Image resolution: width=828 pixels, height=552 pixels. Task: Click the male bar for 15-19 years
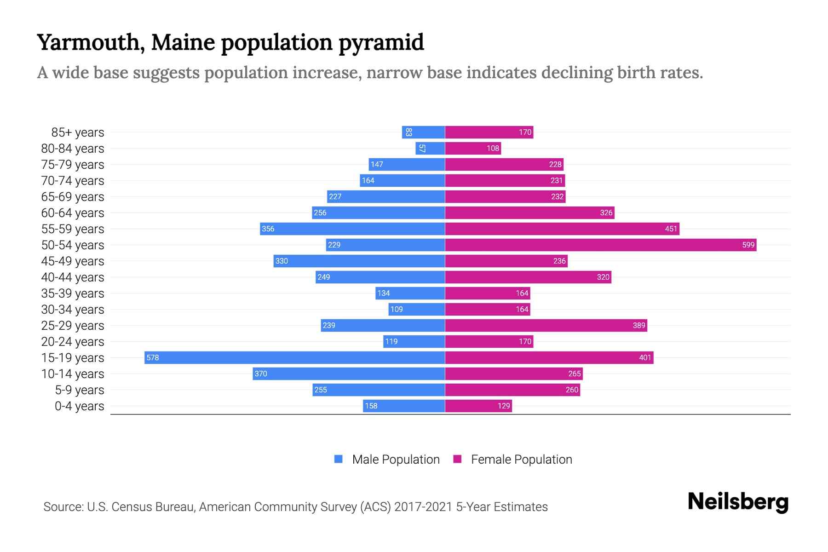[x=294, y=357]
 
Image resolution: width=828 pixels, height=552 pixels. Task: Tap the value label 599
[x=748, y=245]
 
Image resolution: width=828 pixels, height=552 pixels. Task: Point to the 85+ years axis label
[x=77, y=132]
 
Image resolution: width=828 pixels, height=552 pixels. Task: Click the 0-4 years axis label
[x=79, y=406]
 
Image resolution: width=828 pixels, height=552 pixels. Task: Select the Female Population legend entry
[x=512, y=459]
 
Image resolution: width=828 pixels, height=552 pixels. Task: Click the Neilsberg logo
[x=738, y=501]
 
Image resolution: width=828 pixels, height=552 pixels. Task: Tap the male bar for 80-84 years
[x=430, y=148]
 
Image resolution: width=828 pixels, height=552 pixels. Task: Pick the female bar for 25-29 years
[x=546, y=325]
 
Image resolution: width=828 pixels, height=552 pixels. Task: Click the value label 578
[x=153, y=357]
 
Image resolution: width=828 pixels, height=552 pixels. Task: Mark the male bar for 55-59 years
[x=352, y=229]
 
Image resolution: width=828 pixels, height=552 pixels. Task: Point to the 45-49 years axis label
[x=73, y=261]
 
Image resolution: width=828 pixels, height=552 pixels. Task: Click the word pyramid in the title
[x=381, y=42]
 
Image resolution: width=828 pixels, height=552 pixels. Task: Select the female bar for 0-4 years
[x=478, y=406]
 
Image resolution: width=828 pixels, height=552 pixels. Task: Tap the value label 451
[x=671, y=229]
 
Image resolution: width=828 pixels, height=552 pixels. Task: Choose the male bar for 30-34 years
[x=417, y=309]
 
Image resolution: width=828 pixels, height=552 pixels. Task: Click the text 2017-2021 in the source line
[x=423, y=507]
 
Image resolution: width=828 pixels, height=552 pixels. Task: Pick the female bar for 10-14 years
[x=513, y=374]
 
